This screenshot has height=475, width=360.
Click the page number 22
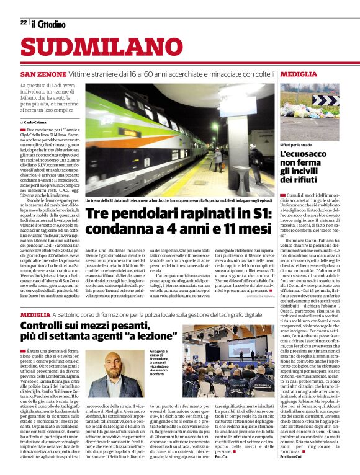pos(23,23)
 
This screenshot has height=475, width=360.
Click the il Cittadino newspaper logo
pos(48,24)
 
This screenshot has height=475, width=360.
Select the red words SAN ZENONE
pos(43,74)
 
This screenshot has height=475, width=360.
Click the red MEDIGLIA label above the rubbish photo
pos(298,74)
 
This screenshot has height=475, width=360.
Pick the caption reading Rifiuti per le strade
pos(296,144)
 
